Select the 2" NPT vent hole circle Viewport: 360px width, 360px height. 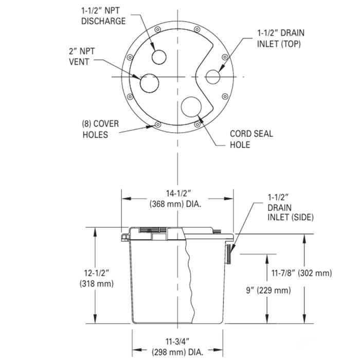[149, 83]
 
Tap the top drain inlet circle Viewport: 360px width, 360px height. [213, 76]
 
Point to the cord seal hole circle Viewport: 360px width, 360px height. [191, 106]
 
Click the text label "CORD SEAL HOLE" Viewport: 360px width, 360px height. [250, 139]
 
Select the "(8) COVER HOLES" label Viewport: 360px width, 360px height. [95, 129]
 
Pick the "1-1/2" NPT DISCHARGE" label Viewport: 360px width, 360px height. [103, 15]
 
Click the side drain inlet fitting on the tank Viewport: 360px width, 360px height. [228, 254]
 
